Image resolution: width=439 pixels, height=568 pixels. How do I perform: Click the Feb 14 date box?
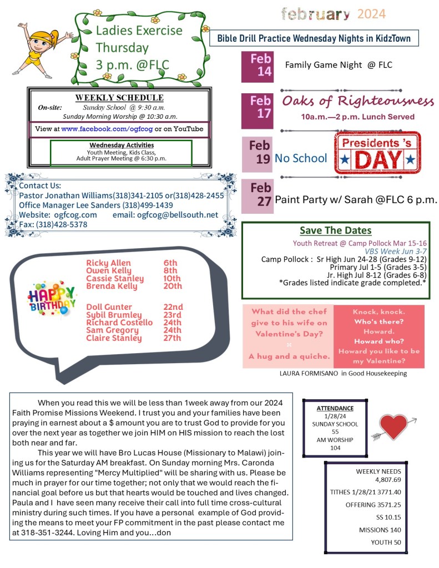[258, 66]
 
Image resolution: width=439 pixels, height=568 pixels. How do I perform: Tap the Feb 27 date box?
[258, 196]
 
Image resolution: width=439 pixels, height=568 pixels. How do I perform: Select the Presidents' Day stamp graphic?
[377, 154]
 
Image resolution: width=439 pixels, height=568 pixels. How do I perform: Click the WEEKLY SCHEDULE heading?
[119, 98]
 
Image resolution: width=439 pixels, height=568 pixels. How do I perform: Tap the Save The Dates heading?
[335, 230]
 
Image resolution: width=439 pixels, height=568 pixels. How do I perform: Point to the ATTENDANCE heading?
[335, 408]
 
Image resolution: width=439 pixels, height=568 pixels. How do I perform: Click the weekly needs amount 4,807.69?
[388, 479]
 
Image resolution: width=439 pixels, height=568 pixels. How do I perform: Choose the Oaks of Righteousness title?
[358, 102]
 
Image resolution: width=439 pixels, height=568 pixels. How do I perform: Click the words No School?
[301, 158]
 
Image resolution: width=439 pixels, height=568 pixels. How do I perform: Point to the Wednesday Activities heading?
[121, 145]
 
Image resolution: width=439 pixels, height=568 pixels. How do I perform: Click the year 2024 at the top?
[371, 14]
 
